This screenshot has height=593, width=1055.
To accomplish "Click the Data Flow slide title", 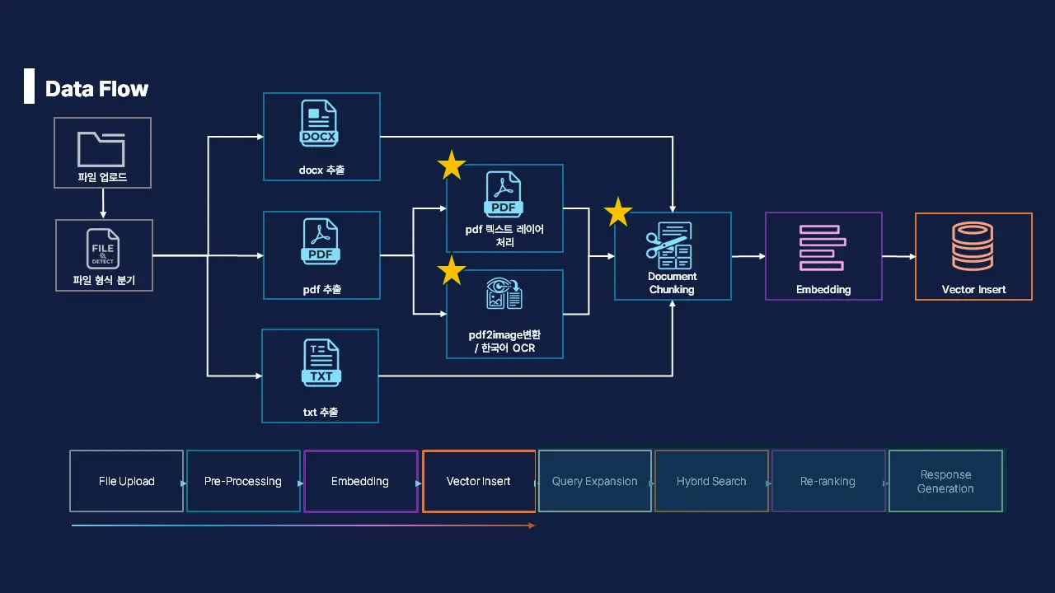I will tap(96, 89).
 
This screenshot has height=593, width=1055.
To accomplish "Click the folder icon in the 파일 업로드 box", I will tap(102, 148).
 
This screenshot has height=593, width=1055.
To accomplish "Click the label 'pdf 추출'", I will tap(321, 289).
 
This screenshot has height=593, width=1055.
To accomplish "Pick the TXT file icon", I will tap(321, 363).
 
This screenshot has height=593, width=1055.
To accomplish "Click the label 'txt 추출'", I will tap(321, 412).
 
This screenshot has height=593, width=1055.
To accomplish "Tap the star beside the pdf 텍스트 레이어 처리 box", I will tap(452, 166).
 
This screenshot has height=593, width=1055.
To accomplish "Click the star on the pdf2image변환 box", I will tap(452, 270).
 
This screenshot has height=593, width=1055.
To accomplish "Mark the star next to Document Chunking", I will tap(618, 212).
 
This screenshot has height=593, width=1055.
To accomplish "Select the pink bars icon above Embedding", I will tap(823, 247).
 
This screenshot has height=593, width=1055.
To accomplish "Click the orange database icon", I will tap(973, 246).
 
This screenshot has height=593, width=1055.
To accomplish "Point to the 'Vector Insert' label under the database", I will tap(973, 290).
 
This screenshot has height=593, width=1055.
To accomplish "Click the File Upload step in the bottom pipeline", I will tap(126, 481).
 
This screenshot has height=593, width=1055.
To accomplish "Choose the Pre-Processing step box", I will tap(243, 481).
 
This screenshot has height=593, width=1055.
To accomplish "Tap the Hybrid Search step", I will tap(711, 481).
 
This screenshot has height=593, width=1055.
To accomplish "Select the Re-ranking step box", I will tap(828, 481).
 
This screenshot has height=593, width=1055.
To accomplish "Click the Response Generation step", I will tap(945, 481).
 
